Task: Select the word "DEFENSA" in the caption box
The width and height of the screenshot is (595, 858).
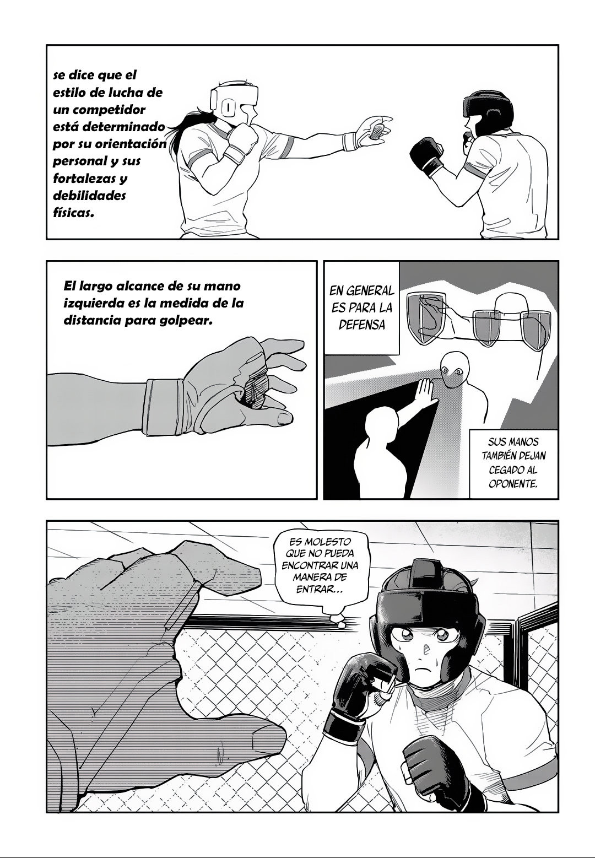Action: tap(361, 324)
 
